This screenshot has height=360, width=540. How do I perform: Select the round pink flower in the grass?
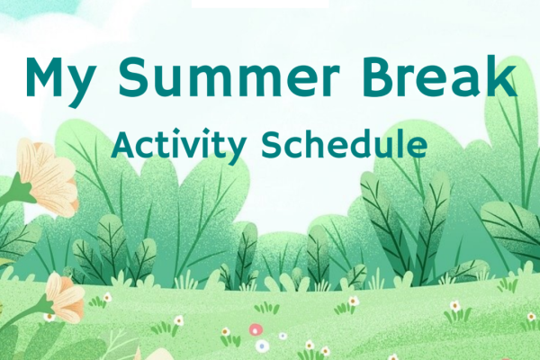(x=256, y=330)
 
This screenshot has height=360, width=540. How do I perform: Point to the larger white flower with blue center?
(x=262, y=346)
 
